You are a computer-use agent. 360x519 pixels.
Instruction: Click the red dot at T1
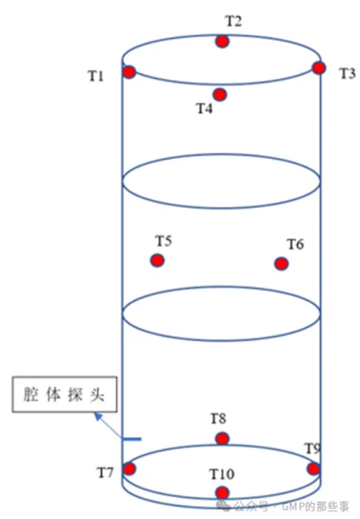tap(129, 72)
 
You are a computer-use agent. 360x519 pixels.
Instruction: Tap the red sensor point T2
tap(223, 42)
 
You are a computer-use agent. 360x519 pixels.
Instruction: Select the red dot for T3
tap(319, 68)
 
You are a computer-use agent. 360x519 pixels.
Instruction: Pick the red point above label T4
tap(220, 95)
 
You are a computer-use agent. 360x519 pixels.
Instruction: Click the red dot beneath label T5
tap(157, 260)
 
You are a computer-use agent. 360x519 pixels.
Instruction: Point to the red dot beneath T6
tap(282, 264)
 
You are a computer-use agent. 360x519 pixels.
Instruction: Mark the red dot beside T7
tap(129, 469)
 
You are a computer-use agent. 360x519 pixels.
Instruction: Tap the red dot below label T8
tap(223, 439)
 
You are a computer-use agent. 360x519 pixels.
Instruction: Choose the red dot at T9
tap(313, 469)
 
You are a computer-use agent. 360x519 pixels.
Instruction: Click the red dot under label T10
tap(223, 493)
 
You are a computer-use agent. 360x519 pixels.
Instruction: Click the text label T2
tap(233, 21)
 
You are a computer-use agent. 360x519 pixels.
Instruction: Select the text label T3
tap(348, 74)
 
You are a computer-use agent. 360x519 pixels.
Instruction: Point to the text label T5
tap(164, 241)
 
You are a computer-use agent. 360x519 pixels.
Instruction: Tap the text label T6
tap(295, 244)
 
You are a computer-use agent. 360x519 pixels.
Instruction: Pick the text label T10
tap(222, 474)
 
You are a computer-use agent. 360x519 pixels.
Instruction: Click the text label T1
tap(96, 76)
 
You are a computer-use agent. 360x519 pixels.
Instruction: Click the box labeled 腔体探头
tap(64, 394)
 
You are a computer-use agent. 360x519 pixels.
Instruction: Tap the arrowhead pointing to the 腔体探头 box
tap(98, 416)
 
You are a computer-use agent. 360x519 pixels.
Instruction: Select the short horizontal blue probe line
tap(131, 439)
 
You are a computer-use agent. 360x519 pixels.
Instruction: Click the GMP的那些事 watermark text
tap(315, 506)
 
